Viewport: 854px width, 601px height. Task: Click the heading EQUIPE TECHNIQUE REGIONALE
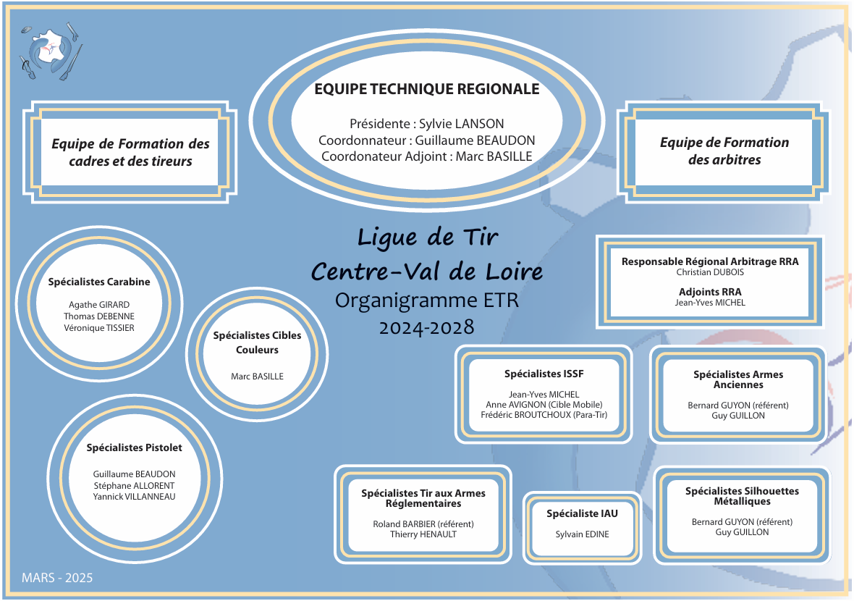click(426, 89)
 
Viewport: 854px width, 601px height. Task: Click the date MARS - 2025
click(57, 578)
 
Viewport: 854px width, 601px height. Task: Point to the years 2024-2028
click(427, 327)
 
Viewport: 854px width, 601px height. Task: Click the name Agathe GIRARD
click(99, 305)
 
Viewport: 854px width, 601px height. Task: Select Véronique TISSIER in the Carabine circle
click(99, 328)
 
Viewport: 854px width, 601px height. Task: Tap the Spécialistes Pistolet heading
click(134, 447)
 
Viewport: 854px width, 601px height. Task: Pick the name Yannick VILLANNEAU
click(134, 497)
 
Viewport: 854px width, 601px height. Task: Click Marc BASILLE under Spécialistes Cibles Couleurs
click(257, 377)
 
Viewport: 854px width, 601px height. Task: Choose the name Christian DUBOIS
click(710, 273)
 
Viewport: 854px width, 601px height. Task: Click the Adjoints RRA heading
click(710, 292)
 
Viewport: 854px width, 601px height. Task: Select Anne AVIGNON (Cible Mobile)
click(544, 405)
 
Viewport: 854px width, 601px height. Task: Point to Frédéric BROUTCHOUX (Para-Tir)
click(544, 415)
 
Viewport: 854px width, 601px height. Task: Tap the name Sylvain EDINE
click(582, 534)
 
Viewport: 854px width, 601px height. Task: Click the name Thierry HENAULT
click(423, 534)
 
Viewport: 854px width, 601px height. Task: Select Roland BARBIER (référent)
click(423, 524)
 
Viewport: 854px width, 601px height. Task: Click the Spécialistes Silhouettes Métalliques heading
click(742, 496)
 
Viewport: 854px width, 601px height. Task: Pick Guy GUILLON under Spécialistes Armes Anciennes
click(738, 416)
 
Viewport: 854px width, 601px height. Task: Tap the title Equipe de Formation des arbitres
click(724, 151)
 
